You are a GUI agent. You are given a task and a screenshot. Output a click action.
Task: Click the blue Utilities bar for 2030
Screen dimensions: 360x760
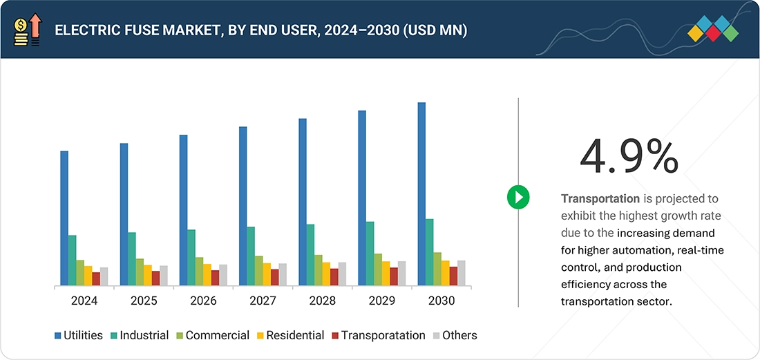coord(421,194)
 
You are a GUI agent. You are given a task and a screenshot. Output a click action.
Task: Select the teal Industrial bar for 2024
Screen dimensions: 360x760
coord(72,260)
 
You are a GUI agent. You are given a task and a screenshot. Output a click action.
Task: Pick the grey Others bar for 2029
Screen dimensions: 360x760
coord(401,273)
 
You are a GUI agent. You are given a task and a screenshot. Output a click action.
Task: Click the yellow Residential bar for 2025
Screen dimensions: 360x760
coord(148,275)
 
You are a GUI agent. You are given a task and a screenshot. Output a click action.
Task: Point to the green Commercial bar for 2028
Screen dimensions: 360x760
coord(319,270)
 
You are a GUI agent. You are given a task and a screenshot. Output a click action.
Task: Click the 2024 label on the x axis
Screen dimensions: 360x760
coord(84,301)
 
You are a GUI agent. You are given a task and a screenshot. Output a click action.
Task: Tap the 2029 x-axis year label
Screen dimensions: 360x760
coord(382,301)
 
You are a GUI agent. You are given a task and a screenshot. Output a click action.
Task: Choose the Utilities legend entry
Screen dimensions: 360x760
coord(79,335)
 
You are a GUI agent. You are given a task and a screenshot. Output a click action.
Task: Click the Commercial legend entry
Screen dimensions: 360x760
coord(211,335)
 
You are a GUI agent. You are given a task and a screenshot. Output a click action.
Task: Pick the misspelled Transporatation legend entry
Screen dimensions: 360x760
coord(379,335)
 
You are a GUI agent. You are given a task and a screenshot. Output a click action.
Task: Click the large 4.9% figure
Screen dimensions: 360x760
coord(628,156)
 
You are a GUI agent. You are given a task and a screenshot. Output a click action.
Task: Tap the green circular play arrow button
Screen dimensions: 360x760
coord(517,197)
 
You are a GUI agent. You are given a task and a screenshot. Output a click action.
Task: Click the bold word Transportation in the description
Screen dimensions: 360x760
coord(600,199)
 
